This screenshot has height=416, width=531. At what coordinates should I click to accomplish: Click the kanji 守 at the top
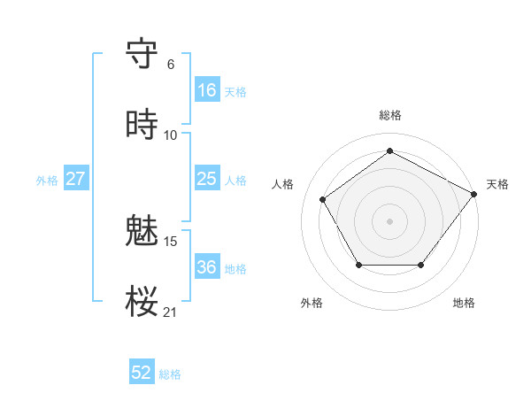[142, 53]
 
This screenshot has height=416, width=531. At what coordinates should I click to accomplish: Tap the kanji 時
[142, 125]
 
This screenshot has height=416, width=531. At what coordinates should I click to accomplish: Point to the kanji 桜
[142, 302]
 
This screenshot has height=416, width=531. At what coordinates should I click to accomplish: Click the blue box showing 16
[206, 90]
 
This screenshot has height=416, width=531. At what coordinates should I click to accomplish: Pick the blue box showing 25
[206, 179]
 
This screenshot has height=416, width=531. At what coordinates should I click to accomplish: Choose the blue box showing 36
[206, 267]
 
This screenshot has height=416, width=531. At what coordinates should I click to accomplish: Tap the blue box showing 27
[75, 179]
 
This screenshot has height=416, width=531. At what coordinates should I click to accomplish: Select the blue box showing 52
[142, 373]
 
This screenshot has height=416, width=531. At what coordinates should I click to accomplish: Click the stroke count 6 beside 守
[170, 64]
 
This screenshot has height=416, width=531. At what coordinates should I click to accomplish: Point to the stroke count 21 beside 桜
[170, 312]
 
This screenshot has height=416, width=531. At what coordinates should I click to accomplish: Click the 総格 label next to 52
[170, 374]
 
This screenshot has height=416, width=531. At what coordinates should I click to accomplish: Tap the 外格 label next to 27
[47, 180]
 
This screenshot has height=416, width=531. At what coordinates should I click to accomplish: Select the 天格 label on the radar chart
[497, 184]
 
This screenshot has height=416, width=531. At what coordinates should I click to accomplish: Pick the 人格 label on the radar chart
[283, 184]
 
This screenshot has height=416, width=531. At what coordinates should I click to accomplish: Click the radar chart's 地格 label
[464, 303]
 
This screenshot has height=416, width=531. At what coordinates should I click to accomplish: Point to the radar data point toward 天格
[473, 194]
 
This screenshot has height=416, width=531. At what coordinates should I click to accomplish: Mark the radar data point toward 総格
[389, 151]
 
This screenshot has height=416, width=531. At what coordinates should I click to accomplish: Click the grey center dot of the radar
[389, 220]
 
